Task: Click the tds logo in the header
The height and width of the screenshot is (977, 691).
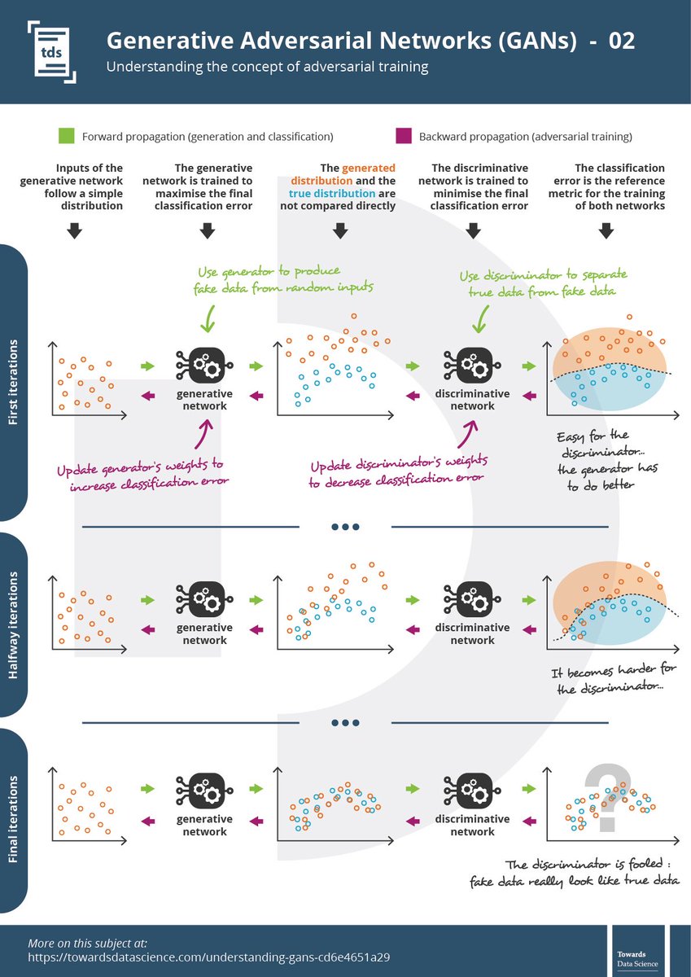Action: click(51, 51)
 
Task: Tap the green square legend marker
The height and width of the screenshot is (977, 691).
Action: click(68, 136)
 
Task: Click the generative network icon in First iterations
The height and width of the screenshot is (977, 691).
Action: click(204, 366)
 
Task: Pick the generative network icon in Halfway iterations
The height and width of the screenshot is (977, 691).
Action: click(204, 601)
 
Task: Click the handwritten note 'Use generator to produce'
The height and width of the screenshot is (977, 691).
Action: click(268, 270)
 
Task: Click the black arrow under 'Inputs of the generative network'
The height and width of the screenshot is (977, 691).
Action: click(73, 230)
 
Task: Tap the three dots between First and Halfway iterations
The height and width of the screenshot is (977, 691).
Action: click(345, 527)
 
